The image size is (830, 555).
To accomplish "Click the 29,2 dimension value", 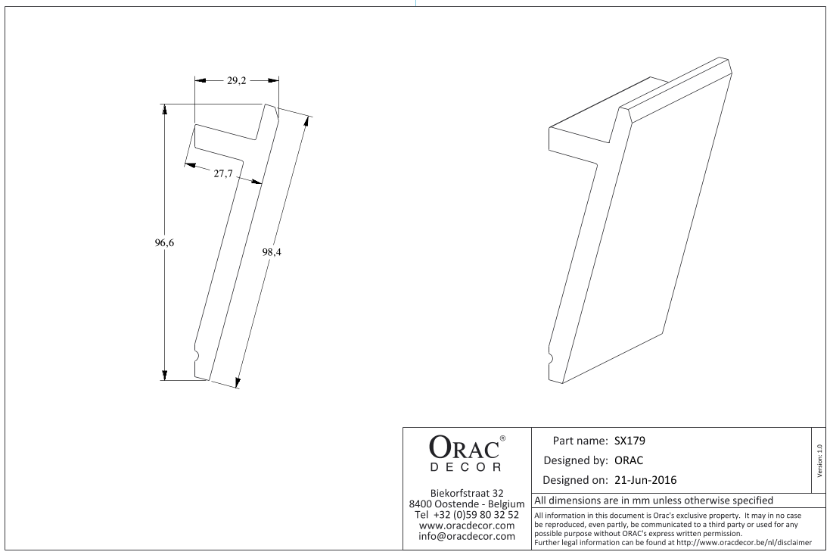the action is click(x=237, y=80).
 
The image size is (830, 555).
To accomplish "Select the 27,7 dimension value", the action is click(x=223, y=173).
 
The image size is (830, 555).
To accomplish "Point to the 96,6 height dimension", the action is click(x=164, y=242).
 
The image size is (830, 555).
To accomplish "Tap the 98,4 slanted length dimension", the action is click(x=272, y=252).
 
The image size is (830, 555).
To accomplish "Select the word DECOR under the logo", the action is click(x=465, y=467).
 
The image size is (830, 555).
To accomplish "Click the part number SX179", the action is click(x=630, y=441).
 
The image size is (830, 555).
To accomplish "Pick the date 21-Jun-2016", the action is click(x=645, y=480).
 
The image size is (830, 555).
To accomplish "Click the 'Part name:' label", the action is click(x=580, y=441).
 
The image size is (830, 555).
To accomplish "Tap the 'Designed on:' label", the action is click(x=575, y=480).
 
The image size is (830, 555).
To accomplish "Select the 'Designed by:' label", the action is click(x=576, y=461).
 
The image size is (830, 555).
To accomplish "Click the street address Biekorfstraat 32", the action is click(x=466, y=493).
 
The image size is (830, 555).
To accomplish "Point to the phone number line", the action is click(x=466, y=515).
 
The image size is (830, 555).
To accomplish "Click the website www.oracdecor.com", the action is click(x=466, y=525).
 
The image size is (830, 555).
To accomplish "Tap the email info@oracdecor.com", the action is click(x=466, y=537).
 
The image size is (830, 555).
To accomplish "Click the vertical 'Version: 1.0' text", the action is click(x=820, y=461).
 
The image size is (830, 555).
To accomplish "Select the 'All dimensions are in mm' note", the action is click(x=654, y=500).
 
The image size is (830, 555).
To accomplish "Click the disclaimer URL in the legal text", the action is click(x=744, y=542).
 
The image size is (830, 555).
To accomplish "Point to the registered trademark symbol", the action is click(x=502, y=438).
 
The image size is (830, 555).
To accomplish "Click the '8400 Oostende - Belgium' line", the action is click(x=466, y=504).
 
